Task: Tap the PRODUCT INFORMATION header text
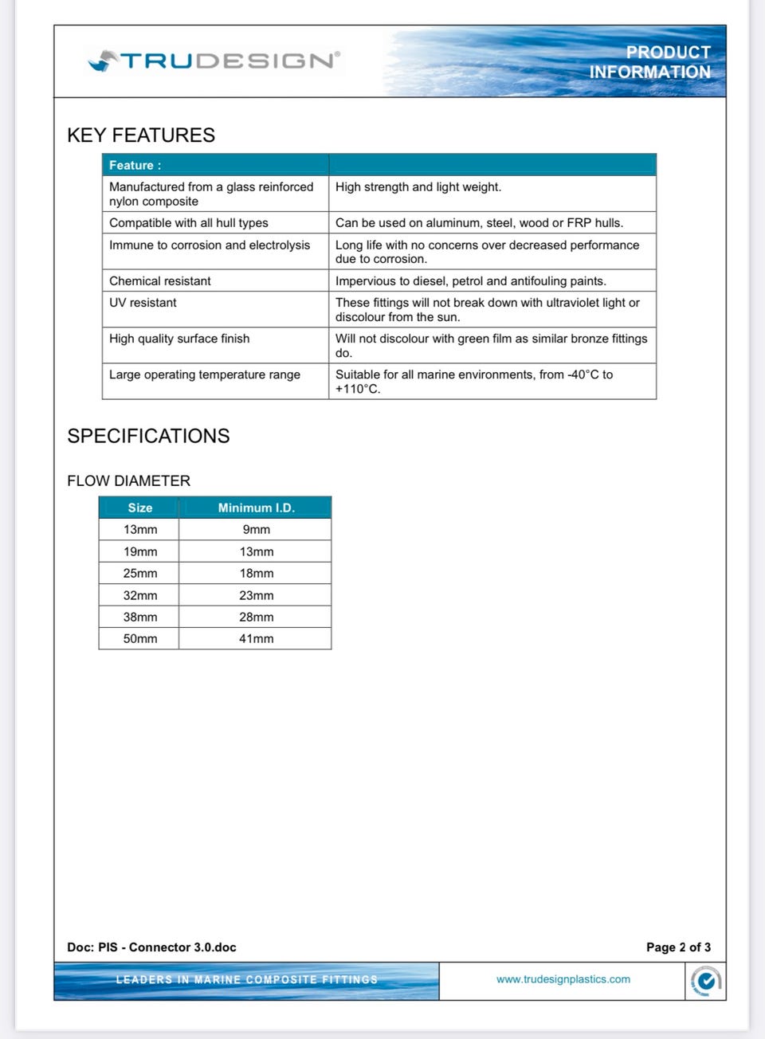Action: click(649, 62)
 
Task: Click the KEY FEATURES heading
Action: click(141, 135)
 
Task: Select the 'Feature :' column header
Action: click(135, 165)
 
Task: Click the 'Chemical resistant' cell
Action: click(160, 280)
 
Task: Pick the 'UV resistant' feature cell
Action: click(143, 303)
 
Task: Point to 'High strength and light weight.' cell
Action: click(418, 187)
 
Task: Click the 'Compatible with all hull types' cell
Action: click(189, 223)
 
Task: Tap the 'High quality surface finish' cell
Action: click(179, 339)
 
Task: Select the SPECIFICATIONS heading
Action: click(148, 436)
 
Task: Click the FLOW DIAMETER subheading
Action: click(129, 480)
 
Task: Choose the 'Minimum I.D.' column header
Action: click(256, 508)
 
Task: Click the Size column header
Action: click(140, 508)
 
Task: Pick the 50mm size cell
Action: click(140, 638)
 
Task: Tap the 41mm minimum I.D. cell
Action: click(256, 638)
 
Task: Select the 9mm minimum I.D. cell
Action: click(256, 530)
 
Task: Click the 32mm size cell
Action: click(140, 595)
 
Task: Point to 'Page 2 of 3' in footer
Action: click(678, 947)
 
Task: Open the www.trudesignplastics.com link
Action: click(563, 979)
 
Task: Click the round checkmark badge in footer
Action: click(705, 981)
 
